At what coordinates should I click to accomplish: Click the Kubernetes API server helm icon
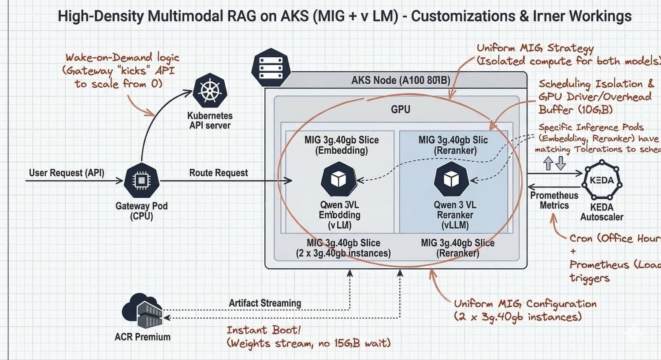pos(210,92)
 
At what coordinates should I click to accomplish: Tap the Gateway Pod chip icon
pos(141,181)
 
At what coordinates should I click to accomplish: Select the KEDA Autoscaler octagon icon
pos(602,181)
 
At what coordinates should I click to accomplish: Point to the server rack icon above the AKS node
pos(270,68)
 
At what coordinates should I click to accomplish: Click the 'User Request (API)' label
pos(67,173)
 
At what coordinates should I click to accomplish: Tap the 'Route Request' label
pos(219,173)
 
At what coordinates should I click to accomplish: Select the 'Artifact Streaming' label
pos(265,303)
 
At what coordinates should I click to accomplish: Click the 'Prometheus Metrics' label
pos(554,200)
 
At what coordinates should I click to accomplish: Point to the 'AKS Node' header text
pos(401,81)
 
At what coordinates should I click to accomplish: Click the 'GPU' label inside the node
pos(401,109)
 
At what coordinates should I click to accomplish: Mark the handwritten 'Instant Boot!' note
pos(264,330)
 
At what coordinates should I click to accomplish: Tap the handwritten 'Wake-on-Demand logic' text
pos(123,58)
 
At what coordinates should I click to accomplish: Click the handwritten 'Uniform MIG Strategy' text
pos(535,48)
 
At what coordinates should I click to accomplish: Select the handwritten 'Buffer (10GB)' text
pos(576,110)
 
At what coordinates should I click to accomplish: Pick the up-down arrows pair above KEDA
pos(554,163)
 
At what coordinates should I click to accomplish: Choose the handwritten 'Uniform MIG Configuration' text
pos(525,304)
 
